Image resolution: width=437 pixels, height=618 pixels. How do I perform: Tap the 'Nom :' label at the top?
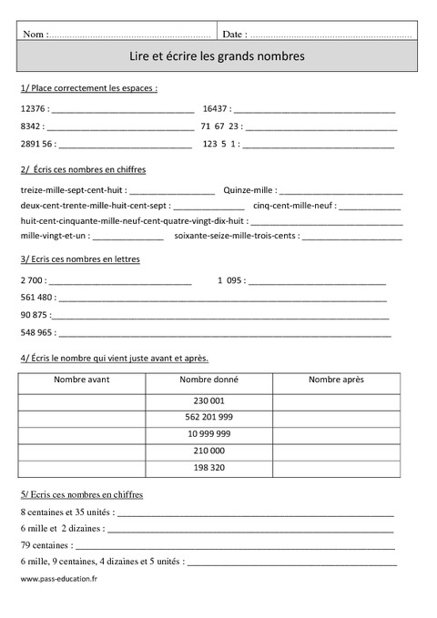[x=35, y=34]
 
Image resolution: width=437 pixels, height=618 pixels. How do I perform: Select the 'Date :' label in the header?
[x=233, y=34]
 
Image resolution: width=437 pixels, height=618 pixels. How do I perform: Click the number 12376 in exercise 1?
[x=30, y=108]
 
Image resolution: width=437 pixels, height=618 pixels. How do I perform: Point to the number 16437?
[x=216, y=108]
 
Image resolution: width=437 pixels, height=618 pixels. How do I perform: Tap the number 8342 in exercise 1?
[x=28, y=126]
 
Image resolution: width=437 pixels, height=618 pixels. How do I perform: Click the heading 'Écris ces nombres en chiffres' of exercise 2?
[x=88, y=170]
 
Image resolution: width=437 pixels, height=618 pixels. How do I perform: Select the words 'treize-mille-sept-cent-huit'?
[x=71, y=190]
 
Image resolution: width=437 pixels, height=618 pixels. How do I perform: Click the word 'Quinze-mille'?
[x=248, y=190]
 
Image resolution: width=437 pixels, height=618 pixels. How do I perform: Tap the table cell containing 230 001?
[x=208, y=400]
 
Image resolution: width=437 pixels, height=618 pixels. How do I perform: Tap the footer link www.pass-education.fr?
[x=58, y=579]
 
